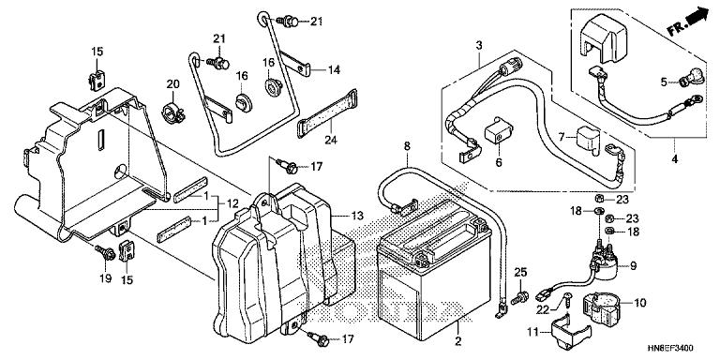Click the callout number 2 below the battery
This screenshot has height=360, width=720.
click(x=457, y=341)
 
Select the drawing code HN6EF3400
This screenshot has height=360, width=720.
click(x=670, y=349)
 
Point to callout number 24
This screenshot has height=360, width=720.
click(x=331, y=140)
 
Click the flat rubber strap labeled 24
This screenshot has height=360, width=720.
click(x=327, y=113)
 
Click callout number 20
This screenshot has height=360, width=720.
click(x=172, y=84)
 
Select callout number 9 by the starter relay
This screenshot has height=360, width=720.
click(x=633, y=265)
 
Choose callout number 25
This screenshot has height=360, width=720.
click(x=519, y=271)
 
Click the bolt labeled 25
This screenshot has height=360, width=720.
click(x=519, y=297)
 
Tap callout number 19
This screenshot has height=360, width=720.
click(x=106, y=277)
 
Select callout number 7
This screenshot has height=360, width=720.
click(x=562, y=136)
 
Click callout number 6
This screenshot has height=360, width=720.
click(x=499, y=162)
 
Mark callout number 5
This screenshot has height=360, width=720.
click(x=664, y=82)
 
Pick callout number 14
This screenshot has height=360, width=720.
click(x=334, y=70)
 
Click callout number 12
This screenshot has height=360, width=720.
click(x=232, y=202)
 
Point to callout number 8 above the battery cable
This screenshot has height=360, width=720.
click(x=407, y=146)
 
